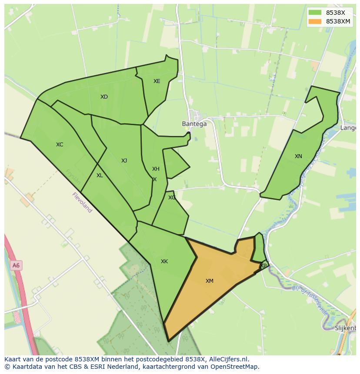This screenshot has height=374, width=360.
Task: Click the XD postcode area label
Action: point(104,97)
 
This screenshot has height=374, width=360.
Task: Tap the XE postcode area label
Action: point(157,81)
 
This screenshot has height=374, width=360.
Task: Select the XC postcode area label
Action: point(60,145)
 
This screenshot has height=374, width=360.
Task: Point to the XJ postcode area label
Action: point(124,161)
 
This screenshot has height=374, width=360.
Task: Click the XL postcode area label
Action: point(100,175)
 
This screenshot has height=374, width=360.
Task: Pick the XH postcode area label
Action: point(156,169)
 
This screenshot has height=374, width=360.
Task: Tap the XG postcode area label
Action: point(172,198)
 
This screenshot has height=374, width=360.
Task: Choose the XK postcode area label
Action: point(164,261)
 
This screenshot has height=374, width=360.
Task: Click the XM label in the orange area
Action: point(210,281)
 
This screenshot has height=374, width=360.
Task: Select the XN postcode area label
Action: point(298,156)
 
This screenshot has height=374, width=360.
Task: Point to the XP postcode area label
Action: point(263,265)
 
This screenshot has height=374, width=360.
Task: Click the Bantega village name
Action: point(194,124)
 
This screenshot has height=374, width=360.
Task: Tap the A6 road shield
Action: point(16,265)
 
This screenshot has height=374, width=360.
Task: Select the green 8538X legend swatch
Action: point(315,13)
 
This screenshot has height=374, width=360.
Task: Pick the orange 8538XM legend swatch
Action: point(315,21)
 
